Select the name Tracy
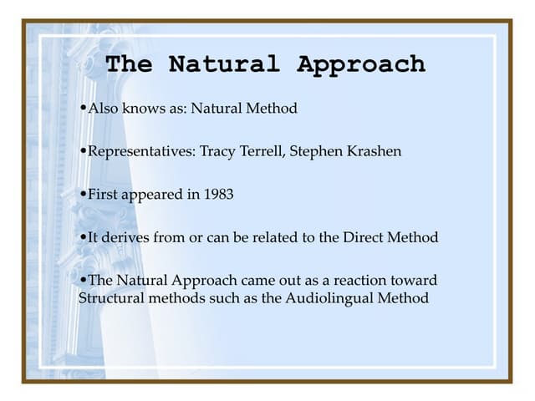[x=218, y=151]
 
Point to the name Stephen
[x=315, y=151]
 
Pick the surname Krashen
[x=372, y=151]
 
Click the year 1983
[x=217, y=194]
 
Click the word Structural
[x=110, y=297]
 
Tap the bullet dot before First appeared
[x=82, y=194]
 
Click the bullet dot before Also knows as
[x=82, y=109]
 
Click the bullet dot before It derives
[x=82, y=237]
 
